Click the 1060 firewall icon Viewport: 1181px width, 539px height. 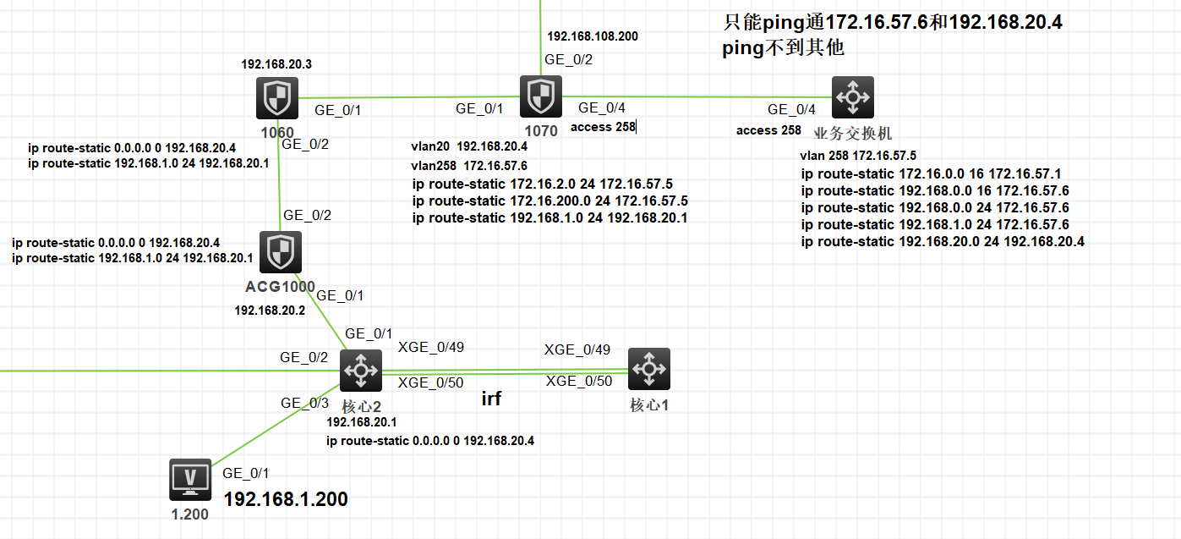coord(277,99)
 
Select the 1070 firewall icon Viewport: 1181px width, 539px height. coord(540,96)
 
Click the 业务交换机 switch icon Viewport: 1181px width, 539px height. coord(852,97)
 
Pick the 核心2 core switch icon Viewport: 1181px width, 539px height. coord(361,370)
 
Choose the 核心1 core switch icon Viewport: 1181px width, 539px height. coord(648,369)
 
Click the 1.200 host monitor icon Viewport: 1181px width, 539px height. coord(189,481)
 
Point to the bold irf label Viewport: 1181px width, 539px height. coord(491,399)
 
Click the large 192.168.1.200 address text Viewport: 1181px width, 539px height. coord(286,499)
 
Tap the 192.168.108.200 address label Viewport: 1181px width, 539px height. coord(593,36)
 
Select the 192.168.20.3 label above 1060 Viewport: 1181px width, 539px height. coord(276,64)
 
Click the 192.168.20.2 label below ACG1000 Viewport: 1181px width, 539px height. coord(270,311)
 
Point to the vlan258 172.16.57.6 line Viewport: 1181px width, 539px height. coord(469,166)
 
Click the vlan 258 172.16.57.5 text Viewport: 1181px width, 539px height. coord(858,156)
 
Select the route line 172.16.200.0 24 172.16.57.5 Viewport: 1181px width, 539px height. coord(549,201)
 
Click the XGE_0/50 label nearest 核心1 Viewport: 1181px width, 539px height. coord(579,381)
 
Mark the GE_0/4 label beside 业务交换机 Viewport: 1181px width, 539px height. coord(791,109)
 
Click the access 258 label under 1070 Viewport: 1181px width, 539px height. coord(603,127)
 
